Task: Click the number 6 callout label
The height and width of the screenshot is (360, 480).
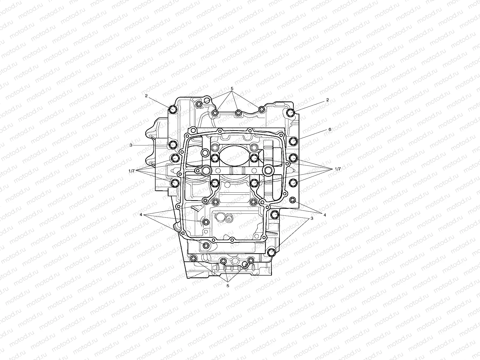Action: [x=330, y=129]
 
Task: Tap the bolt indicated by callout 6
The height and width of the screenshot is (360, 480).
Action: [x=293, y=141]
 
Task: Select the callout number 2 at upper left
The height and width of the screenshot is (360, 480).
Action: [x=146, y=96]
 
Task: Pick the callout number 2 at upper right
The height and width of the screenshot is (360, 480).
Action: [x=327, y=100]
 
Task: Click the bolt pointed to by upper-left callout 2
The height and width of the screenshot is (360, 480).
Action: [x=173, y=109]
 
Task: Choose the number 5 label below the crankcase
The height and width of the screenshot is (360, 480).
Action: [x=228, y=285]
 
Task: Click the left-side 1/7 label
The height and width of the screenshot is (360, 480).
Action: [x=132, y=171]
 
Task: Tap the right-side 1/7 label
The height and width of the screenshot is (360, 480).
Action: [x=338, y=169]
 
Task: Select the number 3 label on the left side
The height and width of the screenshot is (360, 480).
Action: [x=131, y=145]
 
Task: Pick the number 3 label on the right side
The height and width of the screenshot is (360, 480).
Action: [x=312, y=219]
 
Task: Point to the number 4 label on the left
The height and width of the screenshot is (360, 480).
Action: [x=141, y=215]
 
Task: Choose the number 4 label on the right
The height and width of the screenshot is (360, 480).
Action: [x=325, y=215]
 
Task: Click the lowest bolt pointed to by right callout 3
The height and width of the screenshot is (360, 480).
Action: [x=271, y=252]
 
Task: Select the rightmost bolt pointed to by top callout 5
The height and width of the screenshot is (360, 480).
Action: [x=261, y=109]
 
